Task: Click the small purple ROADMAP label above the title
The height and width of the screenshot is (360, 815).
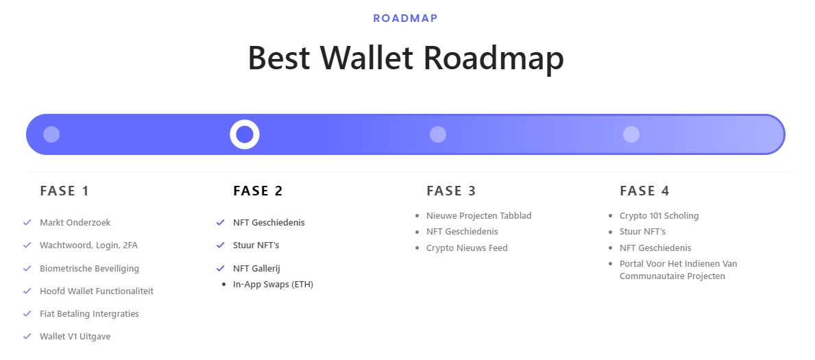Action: pos(405,19)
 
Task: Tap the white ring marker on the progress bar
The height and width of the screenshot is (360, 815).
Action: pos(245,134)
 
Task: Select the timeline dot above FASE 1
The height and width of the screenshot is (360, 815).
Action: pos(51,134)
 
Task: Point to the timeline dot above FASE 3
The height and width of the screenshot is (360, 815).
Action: pos(438,134)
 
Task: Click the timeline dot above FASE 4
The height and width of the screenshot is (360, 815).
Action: pos(631,134)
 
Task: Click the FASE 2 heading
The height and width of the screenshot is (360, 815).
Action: pos(258,191)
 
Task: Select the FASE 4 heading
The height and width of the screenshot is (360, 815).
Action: pos(644,191)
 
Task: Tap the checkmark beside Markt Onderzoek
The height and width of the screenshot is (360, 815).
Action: pos(27,222)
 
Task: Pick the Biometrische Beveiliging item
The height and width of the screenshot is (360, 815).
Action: pos(89,268)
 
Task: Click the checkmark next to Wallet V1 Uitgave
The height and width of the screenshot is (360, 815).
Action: pos(27,336)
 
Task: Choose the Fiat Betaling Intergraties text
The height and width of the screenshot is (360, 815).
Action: pos(89,313)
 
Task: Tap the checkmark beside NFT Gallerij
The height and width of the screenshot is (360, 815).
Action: pos(221,268)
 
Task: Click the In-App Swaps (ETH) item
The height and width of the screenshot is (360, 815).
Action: pos(273,285)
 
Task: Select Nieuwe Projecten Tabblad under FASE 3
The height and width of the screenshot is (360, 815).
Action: pos(478,215)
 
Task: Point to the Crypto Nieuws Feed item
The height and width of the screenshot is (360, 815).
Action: pos(467,248)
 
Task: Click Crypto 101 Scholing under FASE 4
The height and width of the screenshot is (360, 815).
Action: pos(659,215)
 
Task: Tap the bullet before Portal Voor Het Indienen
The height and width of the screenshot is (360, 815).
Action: pos(611,264)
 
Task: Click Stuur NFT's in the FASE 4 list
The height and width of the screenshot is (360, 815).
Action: pos(642,232)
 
